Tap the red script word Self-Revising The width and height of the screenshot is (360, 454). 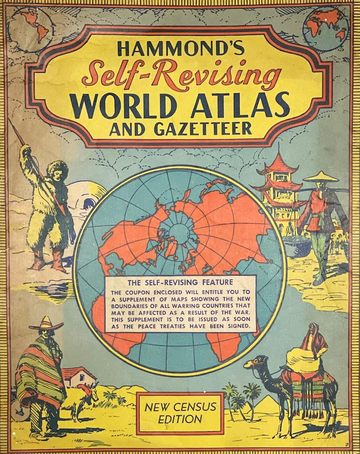(181, 74)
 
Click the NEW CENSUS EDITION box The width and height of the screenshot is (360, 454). (180, 413)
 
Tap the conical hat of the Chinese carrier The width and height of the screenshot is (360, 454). (321, 176)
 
